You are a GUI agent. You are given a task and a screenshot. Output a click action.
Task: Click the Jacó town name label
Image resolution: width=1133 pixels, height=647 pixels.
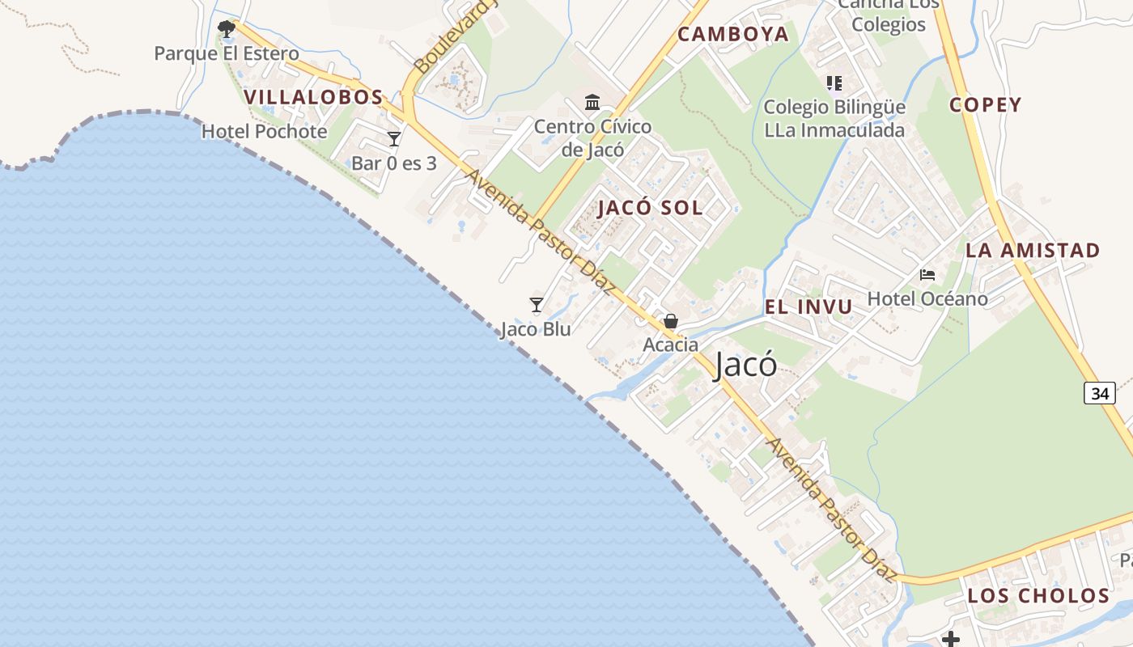(746, 366)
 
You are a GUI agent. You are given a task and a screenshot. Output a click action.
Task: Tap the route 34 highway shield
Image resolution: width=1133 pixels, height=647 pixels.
(1099, 393)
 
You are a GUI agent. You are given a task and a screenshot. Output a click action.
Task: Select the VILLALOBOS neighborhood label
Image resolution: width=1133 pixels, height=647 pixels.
(313, 97)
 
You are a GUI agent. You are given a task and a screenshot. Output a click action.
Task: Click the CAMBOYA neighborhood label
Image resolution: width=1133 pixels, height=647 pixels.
(733, 34)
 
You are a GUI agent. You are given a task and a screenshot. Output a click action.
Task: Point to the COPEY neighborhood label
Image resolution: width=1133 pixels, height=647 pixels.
(986, 104)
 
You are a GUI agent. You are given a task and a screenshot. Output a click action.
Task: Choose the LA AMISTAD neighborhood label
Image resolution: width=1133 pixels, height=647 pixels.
(1033, 250)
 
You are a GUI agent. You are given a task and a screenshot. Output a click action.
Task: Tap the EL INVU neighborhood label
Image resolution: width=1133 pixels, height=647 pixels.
(808, 307)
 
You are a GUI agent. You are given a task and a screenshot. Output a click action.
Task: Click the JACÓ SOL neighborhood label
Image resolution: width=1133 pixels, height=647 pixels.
(650, 208)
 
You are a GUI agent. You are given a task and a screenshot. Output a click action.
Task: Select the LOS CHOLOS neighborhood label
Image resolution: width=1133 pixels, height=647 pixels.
(1038, 596)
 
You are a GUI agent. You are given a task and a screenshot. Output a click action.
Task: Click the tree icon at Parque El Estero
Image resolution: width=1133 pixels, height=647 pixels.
(227, 30)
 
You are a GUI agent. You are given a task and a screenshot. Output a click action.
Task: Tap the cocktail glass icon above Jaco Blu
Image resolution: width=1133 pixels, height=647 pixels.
(536, 305)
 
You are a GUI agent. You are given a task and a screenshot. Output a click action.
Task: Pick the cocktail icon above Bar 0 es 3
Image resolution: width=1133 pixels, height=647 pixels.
(394, 139)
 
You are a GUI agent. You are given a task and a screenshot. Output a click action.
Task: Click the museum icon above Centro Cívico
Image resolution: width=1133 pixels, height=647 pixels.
(592, 103)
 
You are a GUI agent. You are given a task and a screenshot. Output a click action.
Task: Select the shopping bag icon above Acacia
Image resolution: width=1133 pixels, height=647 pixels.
(671, 321)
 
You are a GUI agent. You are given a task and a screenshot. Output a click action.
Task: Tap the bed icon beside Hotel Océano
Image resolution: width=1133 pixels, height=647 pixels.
(927, 275)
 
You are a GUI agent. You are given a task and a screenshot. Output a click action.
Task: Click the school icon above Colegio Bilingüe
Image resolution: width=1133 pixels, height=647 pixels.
(834, 82)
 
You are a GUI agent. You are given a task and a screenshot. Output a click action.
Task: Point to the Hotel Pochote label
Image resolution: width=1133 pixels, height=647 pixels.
(265, 131)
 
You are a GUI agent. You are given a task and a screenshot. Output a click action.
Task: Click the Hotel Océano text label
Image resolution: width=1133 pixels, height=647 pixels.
(927, 299)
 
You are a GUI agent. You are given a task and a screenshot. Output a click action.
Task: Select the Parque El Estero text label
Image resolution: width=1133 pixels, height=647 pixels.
(227, 53)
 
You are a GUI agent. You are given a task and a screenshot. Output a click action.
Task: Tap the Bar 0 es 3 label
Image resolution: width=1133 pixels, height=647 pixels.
(394, 163)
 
